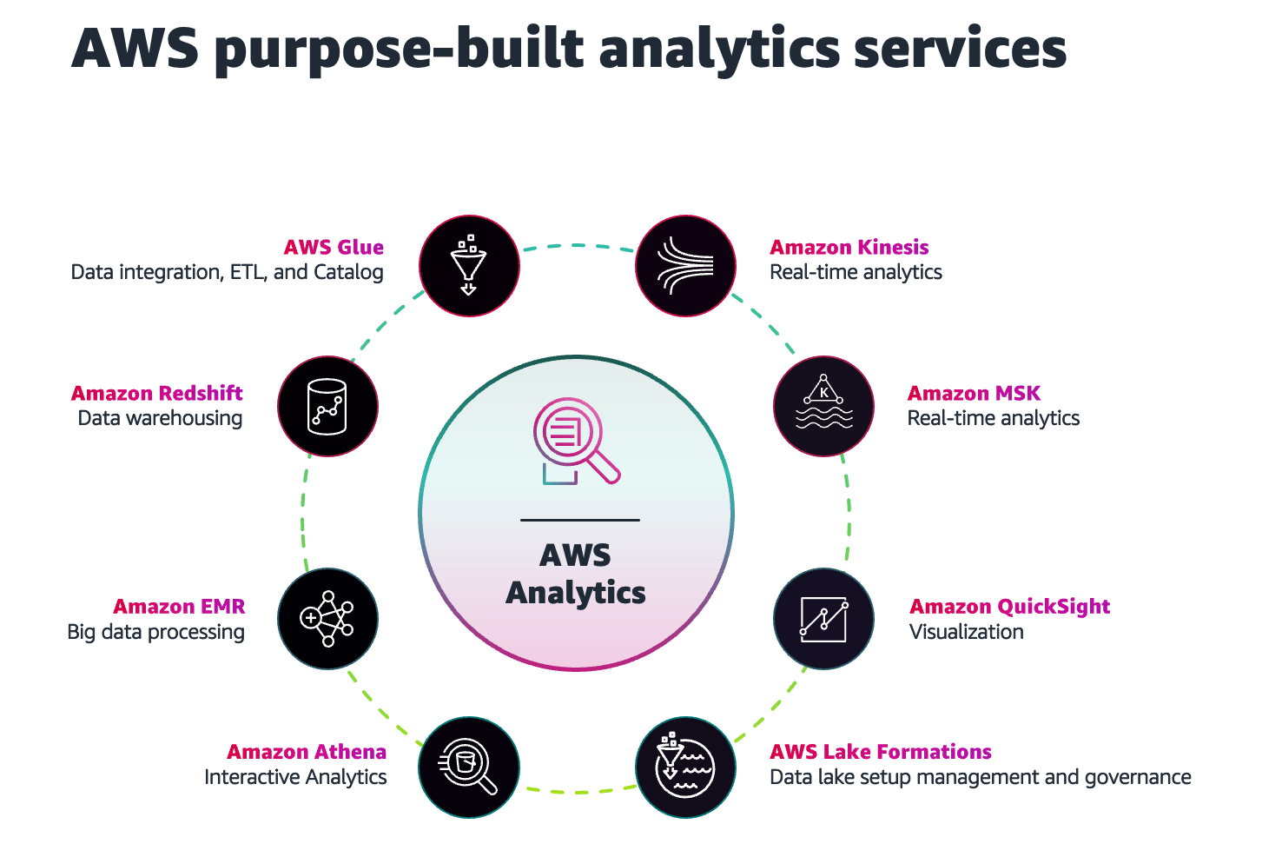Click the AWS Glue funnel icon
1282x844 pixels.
(x=469, y=265)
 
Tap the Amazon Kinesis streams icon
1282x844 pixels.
(x=686, y=265)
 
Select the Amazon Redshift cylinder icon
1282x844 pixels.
(x=327, y=406)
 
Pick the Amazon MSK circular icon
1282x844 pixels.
(x=823, y=406)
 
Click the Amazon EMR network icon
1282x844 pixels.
(x=327, y=618)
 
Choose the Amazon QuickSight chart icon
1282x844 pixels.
(x=823, y=618)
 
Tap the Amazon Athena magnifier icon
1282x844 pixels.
(x=469, y=768)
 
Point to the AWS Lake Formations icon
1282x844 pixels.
(x=686, y=768)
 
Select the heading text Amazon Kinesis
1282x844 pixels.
(x=849, y=248)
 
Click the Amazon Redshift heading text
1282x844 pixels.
(x=157, y=394)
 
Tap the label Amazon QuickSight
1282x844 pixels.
(x=1009, y=607)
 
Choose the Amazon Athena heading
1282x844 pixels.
(x=307, y=752)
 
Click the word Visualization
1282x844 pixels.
(x=966, y=632)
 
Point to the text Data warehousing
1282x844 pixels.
(x=160, y=418)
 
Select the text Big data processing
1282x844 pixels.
(x=156, y=632)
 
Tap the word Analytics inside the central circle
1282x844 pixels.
(x=576, y=593)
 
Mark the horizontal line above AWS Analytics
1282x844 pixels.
(x=580, y=520)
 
